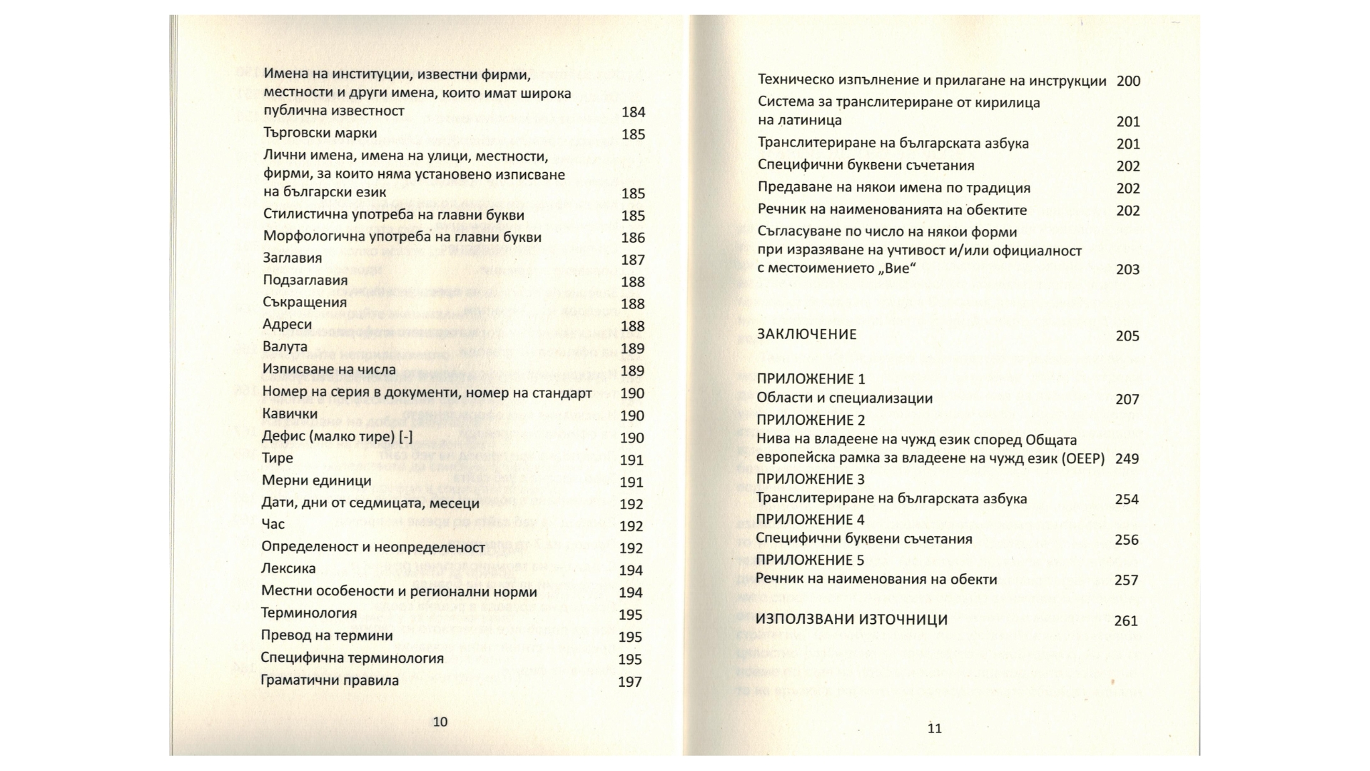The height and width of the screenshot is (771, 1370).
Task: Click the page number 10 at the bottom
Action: [440, 722]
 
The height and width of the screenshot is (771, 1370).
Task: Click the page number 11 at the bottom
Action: [935, 728]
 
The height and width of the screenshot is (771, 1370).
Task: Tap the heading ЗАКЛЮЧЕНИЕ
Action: [807, 334]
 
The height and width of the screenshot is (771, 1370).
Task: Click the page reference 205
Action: [1127, 336]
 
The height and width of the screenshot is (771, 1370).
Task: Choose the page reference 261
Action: [1126, 621]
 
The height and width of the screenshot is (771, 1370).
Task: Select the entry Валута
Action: [285, 347]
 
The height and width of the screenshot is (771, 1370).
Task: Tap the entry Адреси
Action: [287, 324]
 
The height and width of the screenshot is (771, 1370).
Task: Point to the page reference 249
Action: [1127, 458]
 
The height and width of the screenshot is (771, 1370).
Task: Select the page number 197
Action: [630, 682]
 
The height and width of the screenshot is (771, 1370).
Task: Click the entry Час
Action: [273, 524]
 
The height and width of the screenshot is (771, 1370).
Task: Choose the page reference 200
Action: [1128, 81]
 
